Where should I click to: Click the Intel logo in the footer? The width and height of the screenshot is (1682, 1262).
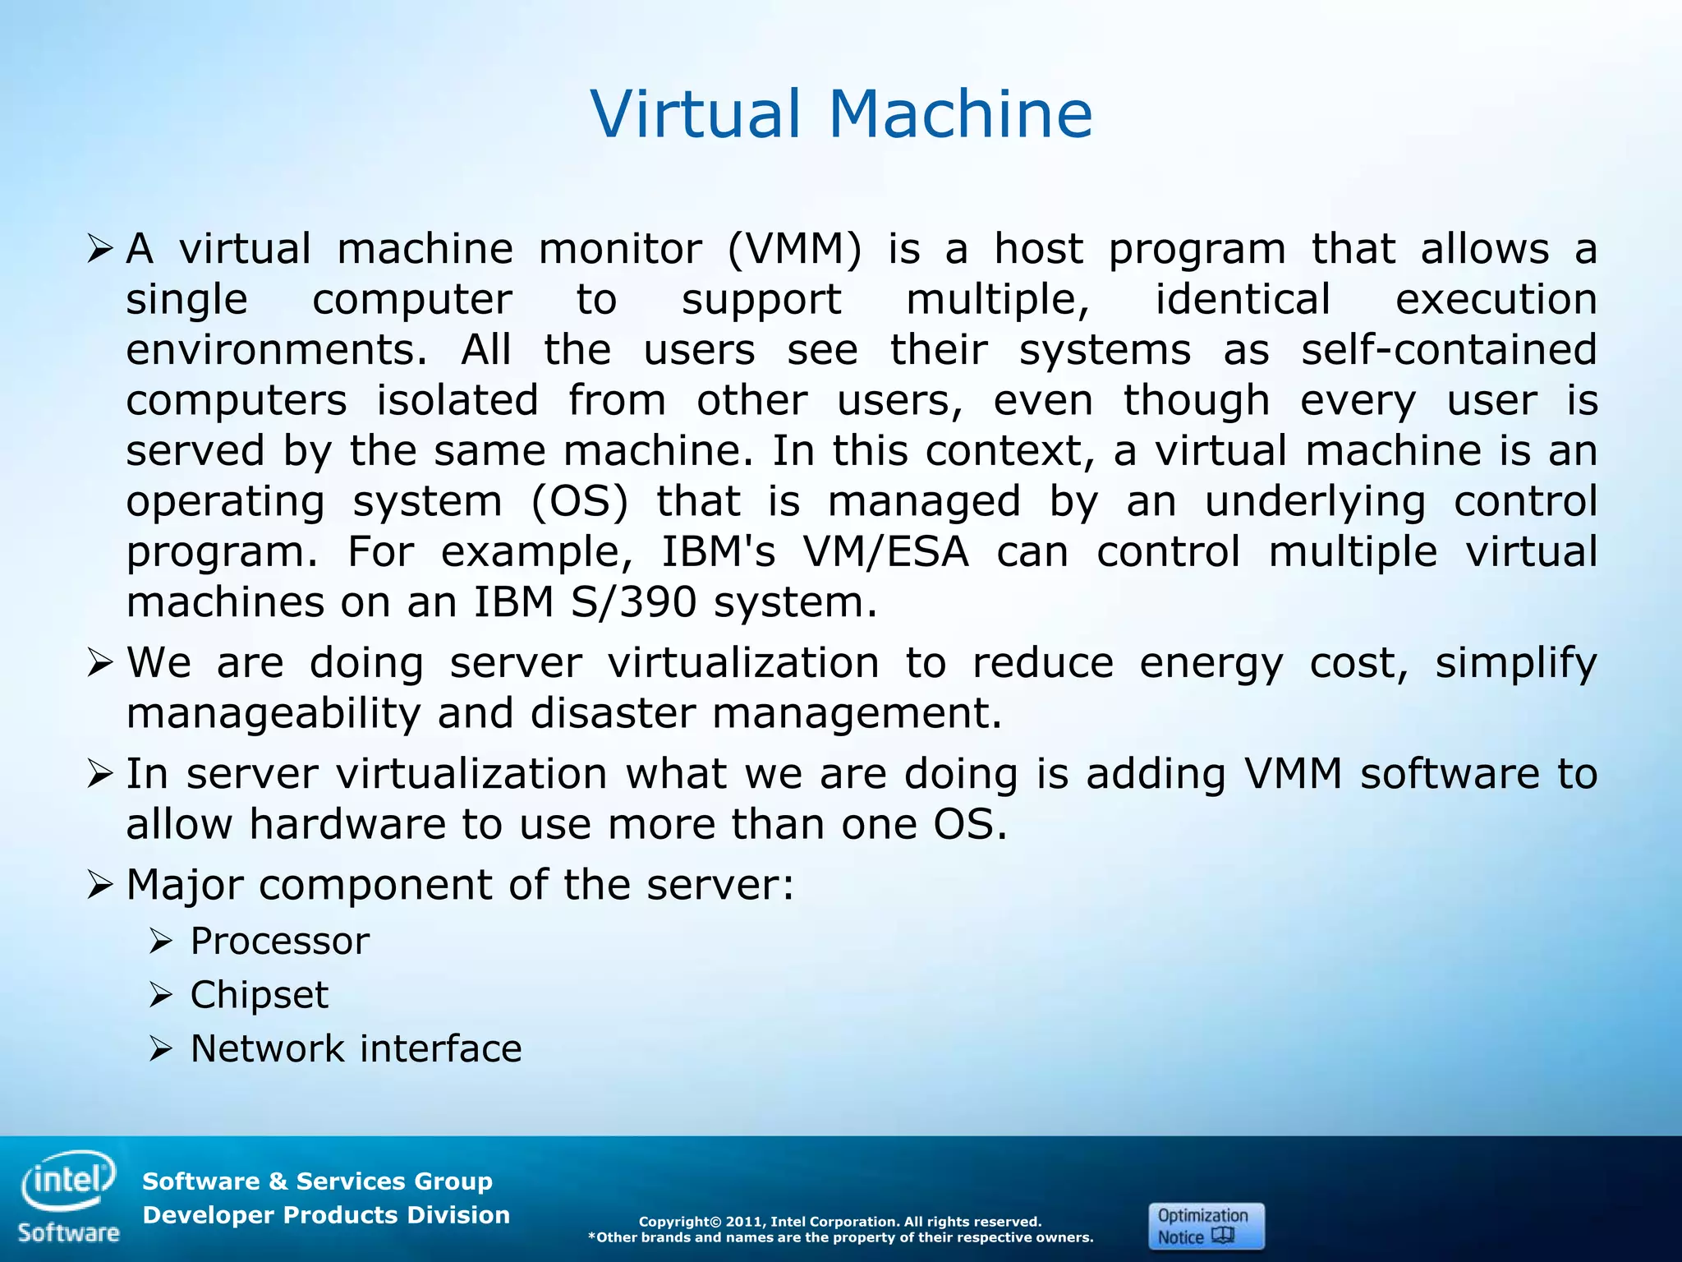coord(69,1182)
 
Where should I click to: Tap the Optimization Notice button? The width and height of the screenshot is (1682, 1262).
coord(1206,1226)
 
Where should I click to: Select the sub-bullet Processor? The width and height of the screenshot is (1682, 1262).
coord(279,941)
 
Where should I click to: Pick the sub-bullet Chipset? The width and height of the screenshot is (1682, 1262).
coord(259,995)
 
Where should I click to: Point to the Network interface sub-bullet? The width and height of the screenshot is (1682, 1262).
coord(356,1048)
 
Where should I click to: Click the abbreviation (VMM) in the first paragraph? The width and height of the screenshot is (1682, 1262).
coord(794,249)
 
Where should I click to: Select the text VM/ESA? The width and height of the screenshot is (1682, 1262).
coord(885,551)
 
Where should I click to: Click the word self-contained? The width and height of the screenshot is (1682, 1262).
coord(1449,350)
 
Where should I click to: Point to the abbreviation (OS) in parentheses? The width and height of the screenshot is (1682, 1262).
coord(580,501)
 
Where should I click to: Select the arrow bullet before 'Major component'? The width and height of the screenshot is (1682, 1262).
coord(99,885)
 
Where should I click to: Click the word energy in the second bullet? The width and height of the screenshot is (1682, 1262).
coord(1211,664)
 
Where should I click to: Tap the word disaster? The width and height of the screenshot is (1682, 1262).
coord(613,712)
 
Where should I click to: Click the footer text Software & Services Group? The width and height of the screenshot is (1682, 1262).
coord(317,1181)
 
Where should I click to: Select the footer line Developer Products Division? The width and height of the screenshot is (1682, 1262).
coord(326,1215)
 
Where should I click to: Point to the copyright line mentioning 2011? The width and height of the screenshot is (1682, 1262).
coord(839,1222)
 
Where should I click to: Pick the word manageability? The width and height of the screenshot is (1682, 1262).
coord(273,714)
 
